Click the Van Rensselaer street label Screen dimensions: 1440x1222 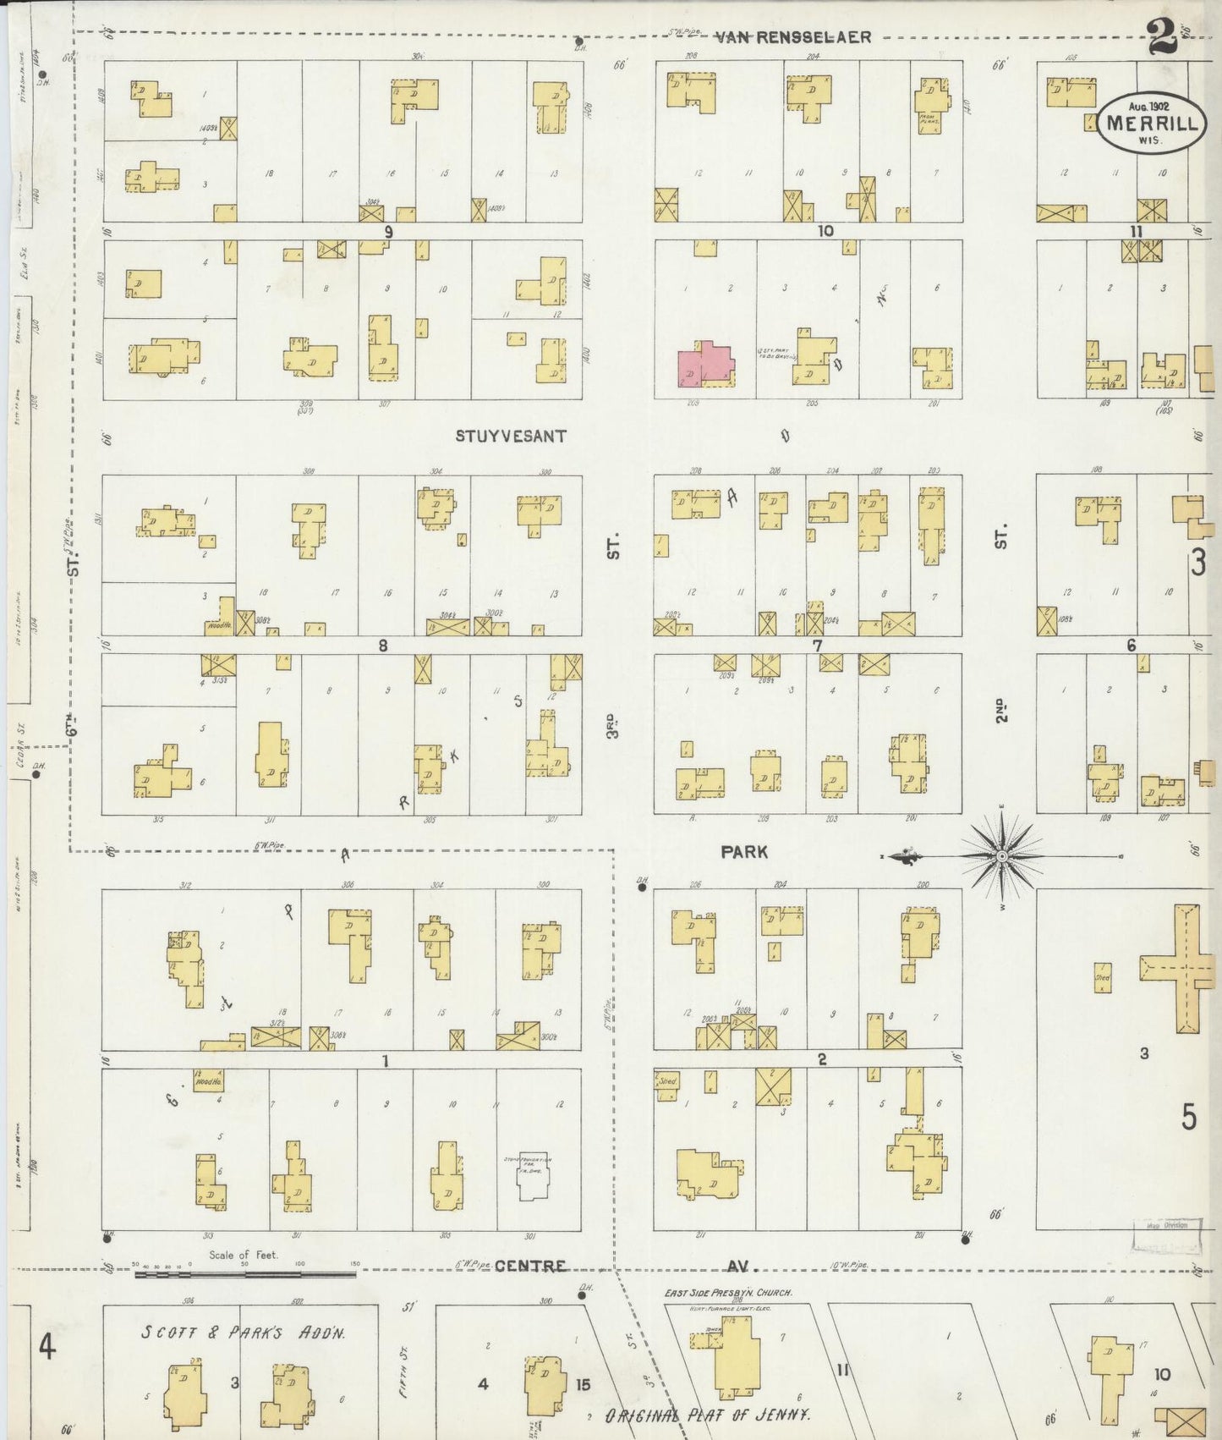pyautogui.click(x=792, y=37)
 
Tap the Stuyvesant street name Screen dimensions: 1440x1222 pyautogui.click(x=511, y=437)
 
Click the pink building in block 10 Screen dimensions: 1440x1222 pyautogui.click(x=704, y=364)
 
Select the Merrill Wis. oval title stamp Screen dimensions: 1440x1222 pyautogui.click(x=1151, y=124)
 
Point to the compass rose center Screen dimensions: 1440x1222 pyautogui.click(x=1002, y=856)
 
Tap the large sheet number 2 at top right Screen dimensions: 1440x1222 pyautogui.click(x=1164, y=38)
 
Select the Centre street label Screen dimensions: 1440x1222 pyautogui.click(x=529, y=1266)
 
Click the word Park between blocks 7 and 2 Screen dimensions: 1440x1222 pyautogui.click(x=744, y=852)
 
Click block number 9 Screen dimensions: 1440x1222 pyautogui.click(x=388, y=230)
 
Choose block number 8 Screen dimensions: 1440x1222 pyautogui.click(x=383, y=646)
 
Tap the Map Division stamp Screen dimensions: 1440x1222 pyautogui.click(x=1166, y=1236)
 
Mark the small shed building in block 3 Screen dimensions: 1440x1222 pyautogui.click(x=1102, y=976)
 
